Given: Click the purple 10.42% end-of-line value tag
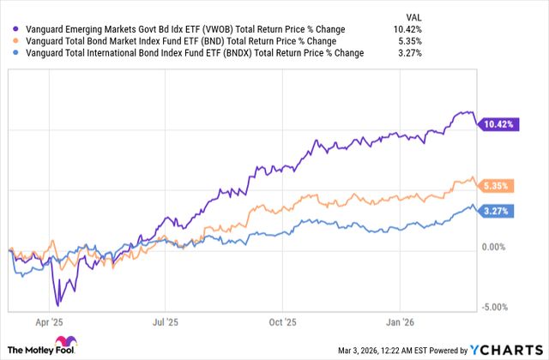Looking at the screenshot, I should click(498, 124).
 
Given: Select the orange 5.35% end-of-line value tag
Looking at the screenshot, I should click(498, 185).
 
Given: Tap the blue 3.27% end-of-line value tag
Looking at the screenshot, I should click(498, 211).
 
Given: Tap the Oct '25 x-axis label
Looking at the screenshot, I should click(281, 326).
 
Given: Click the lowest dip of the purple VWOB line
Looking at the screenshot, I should click(57, 304).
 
